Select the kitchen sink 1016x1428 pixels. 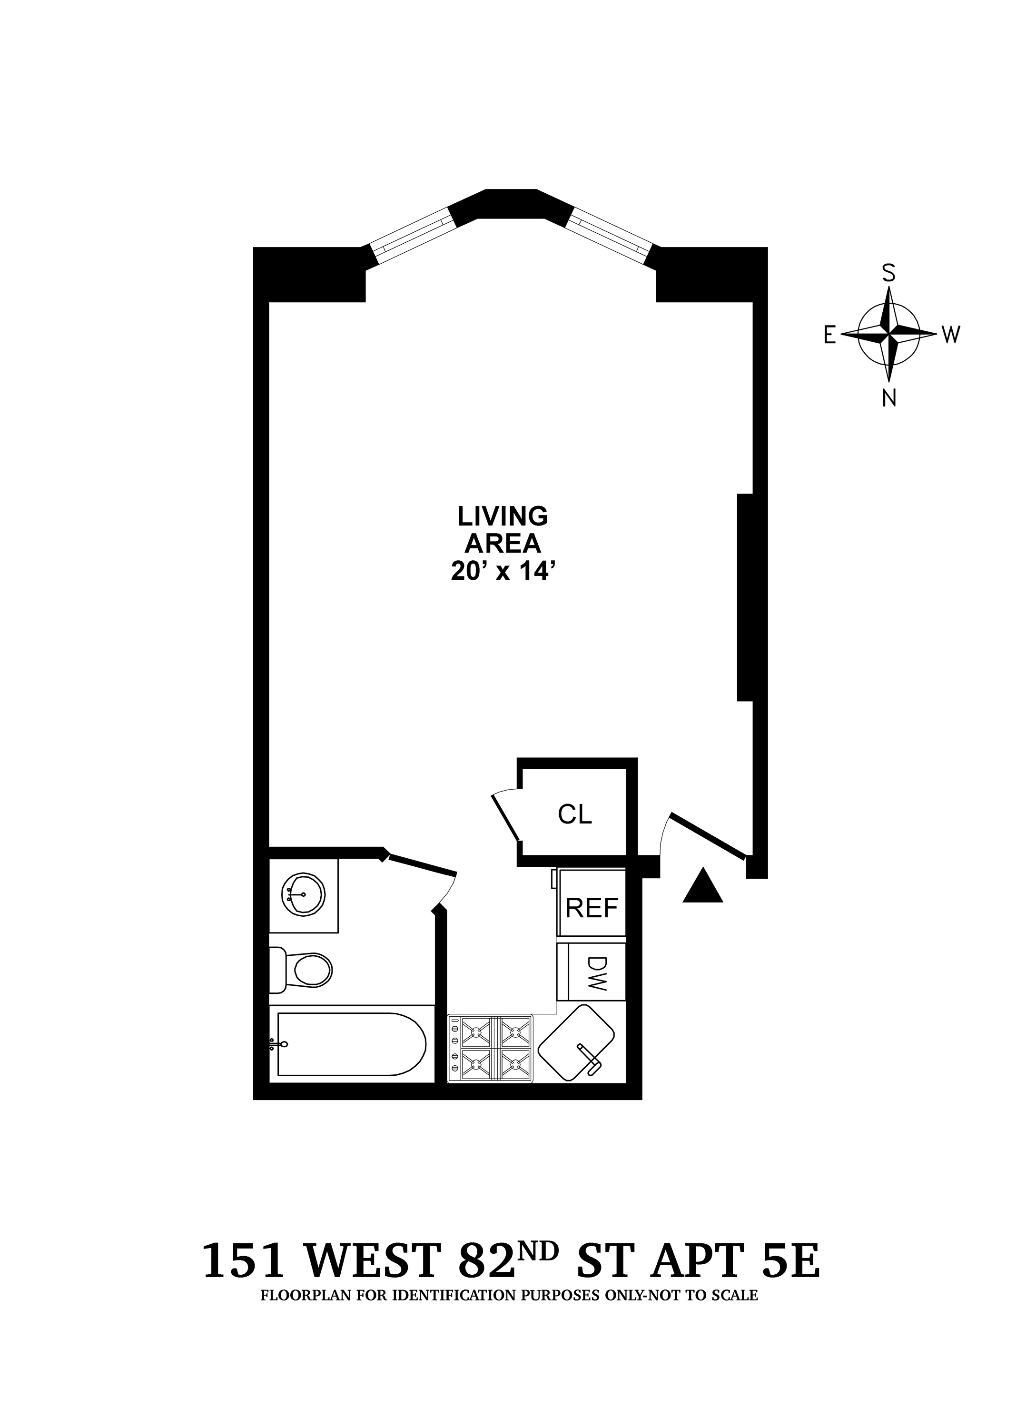[x=576, y=1042]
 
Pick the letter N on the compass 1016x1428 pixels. [x=888, y=398]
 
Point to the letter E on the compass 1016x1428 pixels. [x=829, y=336]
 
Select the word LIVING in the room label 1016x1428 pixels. [x=503, y=517]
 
